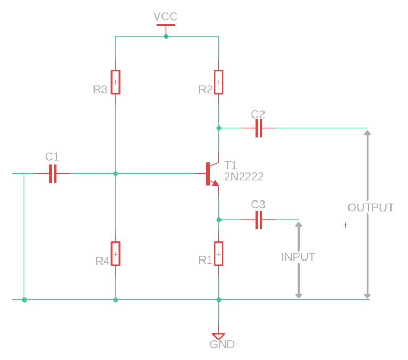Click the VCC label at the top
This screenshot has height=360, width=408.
(165, 16)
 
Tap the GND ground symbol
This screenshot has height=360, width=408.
(218, 336)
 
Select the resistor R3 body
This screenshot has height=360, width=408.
(115, 82)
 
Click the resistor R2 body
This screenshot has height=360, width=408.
(218, 82)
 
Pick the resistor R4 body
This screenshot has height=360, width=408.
(115, 254)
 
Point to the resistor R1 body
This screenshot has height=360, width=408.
(218, 254)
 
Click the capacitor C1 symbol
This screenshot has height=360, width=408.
(52, 173)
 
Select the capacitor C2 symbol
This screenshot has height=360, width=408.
(258, 128)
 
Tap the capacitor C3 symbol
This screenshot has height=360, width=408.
(258, 220)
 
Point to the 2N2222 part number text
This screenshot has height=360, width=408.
(244, 177)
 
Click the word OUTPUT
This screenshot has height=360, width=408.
(371, 207)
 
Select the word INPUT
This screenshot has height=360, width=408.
(298, 257)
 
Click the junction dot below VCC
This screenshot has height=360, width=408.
(166, 37)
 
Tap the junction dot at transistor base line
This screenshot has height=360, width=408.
(115, 173)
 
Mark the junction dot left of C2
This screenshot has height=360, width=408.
(218, 128)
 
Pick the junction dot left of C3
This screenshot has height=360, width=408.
(218, 220)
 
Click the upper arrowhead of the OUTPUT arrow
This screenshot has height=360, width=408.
(367, 132)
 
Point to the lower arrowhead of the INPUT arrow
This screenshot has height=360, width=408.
(298, 294)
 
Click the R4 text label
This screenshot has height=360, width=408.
(103, 261)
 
